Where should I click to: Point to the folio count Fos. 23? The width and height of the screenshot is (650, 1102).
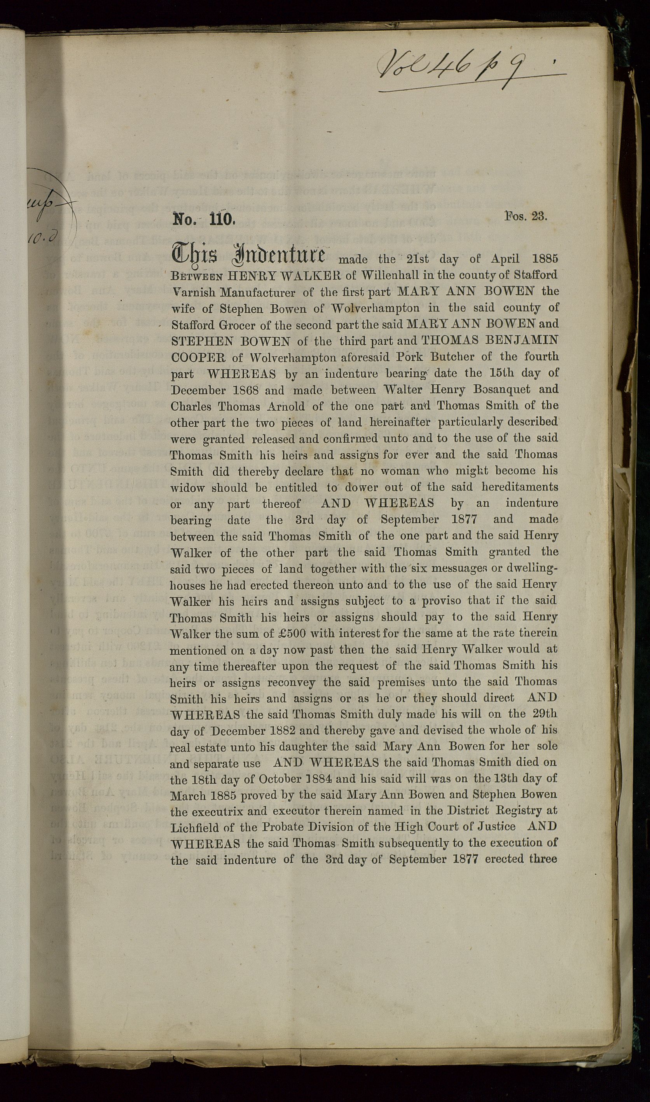[526, 216]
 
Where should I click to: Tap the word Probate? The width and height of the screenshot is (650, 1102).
[280, 827]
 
